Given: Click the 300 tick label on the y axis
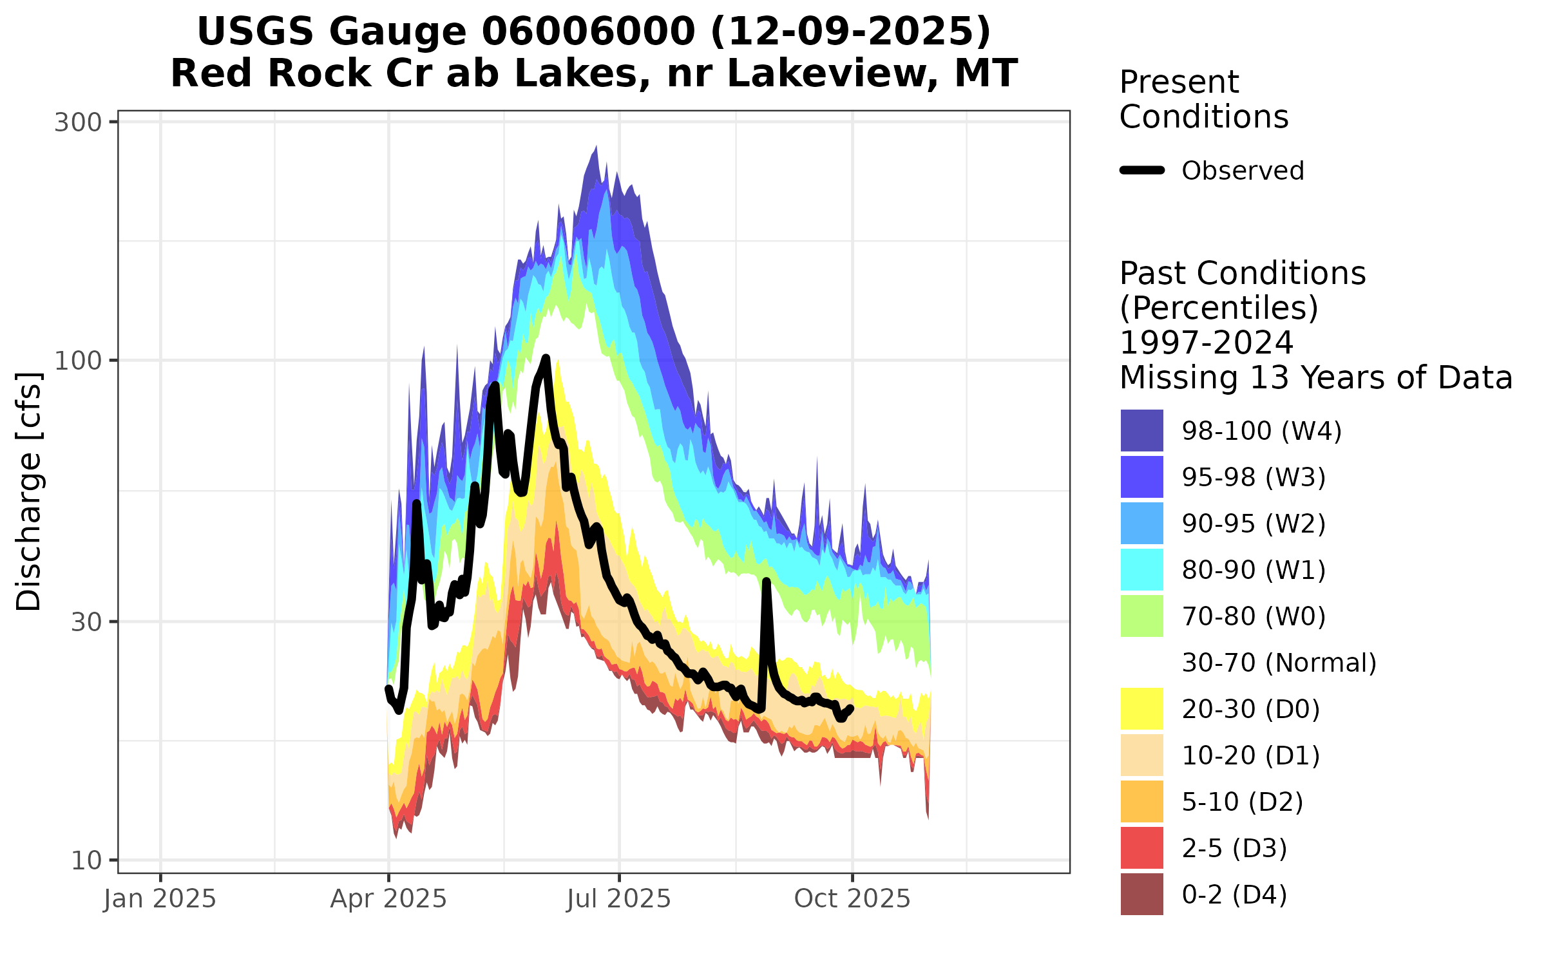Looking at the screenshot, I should [78, 122].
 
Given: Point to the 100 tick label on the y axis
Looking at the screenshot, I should [78, 361].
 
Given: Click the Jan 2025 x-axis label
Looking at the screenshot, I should [160, 899].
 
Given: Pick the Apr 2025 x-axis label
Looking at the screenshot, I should [388, 899].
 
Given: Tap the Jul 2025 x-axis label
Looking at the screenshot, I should [619, 899].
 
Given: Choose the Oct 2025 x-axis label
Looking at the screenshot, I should [852, 899].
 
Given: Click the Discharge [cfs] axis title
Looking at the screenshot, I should [29, 491].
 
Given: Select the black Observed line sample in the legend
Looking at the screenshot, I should [1142, 171].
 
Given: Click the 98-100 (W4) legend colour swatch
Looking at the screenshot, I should [1141, 430].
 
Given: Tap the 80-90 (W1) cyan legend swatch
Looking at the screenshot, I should [1141, 569].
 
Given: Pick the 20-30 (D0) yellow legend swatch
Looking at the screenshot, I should [1141, 708].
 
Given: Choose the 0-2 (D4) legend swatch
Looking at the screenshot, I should [1141, 894].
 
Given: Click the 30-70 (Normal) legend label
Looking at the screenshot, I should [1279, 663].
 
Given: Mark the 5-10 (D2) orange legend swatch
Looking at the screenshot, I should [1141, 801].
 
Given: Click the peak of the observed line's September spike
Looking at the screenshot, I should [767, 582].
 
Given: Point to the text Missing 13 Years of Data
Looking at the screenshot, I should [1315, 377].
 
